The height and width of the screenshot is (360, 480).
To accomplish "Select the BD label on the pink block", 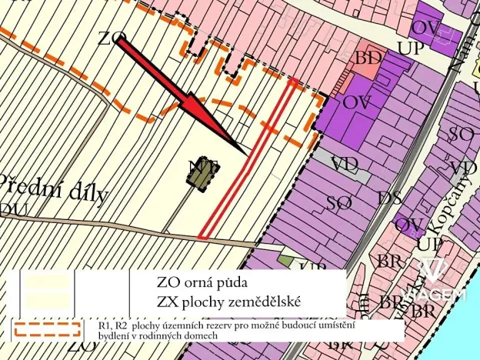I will [x=368, y=58].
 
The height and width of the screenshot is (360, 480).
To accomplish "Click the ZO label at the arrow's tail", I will [x=112, y=38].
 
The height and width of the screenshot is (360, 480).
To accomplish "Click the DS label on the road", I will [x=389, y=198].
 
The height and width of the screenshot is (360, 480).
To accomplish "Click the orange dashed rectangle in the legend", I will [x=47, y=328].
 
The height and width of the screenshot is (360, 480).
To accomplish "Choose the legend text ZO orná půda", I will [x=202, y=282].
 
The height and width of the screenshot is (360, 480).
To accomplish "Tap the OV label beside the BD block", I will [x=357, y=102].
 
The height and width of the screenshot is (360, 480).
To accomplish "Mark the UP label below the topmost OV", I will [x=409, y=48].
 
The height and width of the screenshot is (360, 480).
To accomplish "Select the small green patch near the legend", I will [x=285, y=262].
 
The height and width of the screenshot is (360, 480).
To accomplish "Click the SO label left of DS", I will [x=339, y=203].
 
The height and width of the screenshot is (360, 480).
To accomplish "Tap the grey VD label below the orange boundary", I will [x=345, y=164].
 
